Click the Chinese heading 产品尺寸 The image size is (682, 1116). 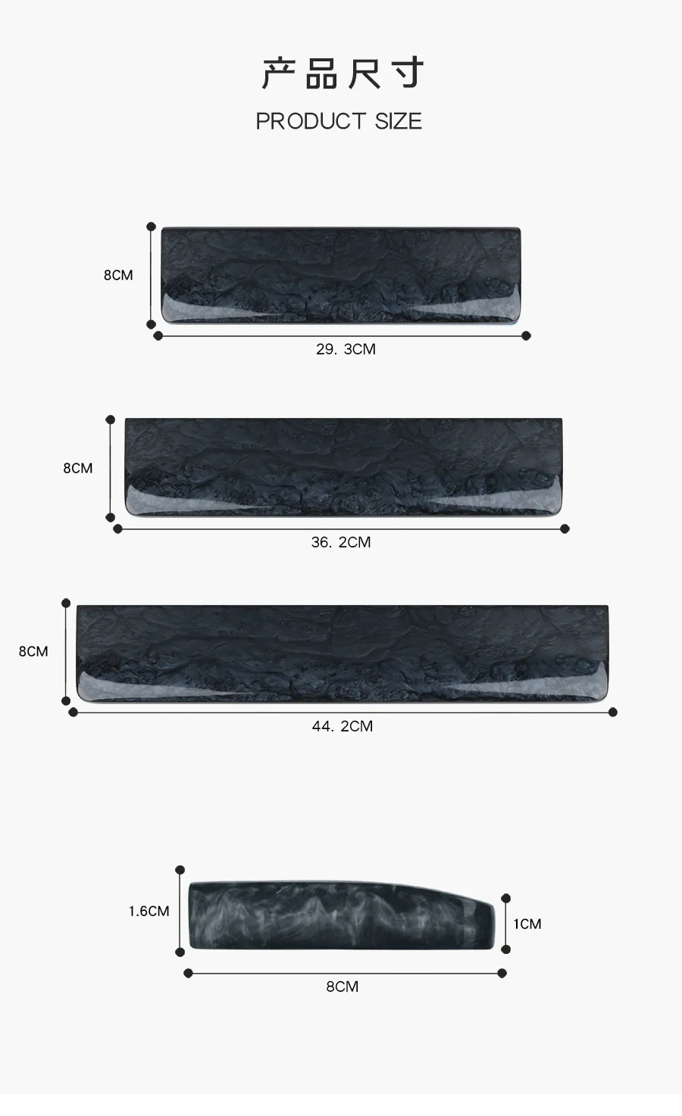point(343,73)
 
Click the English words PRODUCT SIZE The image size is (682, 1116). point(339,121)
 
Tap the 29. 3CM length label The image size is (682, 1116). point(346,349)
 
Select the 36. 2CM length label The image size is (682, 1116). point(341,542)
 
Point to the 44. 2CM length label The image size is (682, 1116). point(343,726)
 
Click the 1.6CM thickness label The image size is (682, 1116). point(149,912)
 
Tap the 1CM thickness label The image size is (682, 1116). point(527,924)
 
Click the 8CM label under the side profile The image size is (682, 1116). point(343,987)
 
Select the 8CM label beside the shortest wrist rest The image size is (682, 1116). point(118,275)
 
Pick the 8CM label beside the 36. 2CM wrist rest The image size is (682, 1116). point(78,468)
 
